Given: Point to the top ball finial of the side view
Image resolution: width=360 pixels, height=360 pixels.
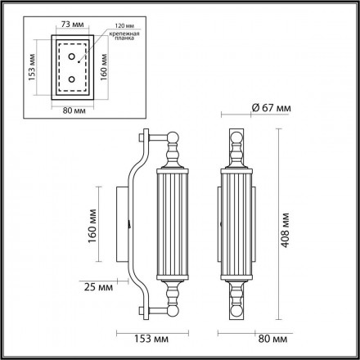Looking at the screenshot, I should (x=173, y=151).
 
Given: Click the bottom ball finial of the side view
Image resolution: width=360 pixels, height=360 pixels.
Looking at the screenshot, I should (x=173, y=290).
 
